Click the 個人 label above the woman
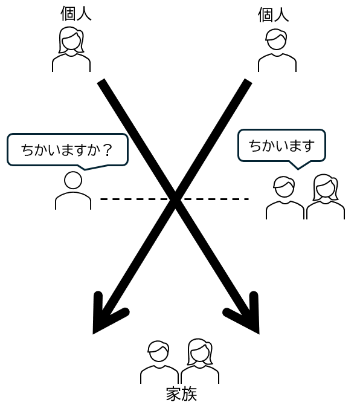(76, 13)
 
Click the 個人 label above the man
(273, 15)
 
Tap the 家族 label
(181, 394)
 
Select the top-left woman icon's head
(71, 40)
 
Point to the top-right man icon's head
(276, 39)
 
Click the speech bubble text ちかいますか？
(67, 150)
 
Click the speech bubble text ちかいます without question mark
(281, 146)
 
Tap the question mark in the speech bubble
(108, 150)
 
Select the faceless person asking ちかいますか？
(73, 190)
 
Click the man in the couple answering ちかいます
(285, 198)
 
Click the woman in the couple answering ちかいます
(326, 197)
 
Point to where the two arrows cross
(175, 198)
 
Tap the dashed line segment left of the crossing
(134, 199)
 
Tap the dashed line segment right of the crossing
(216, 199)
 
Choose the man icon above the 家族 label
(159, 362)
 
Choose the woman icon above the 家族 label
(200, 361)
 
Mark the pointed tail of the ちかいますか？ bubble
(85, 169)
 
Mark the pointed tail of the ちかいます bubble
(298, 169)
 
